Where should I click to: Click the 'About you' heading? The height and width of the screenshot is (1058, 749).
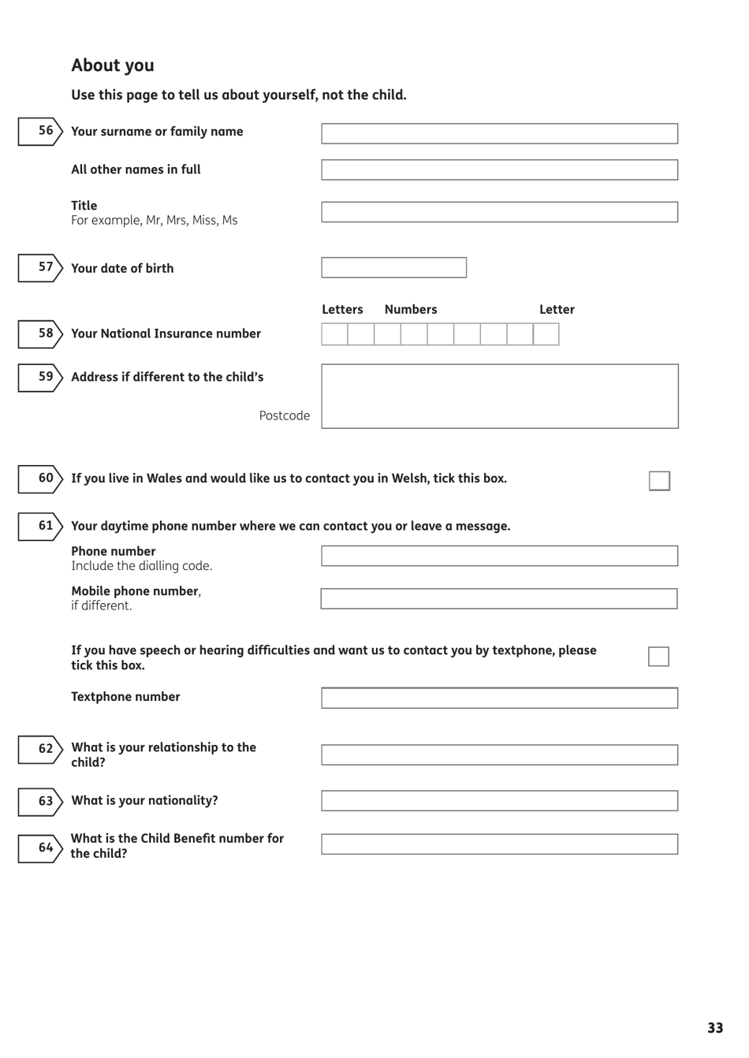[113, 65]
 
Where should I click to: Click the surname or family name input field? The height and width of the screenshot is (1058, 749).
[499, 133]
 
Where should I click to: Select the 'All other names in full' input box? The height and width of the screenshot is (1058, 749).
[499, 170]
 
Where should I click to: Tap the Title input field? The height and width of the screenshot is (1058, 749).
[499, 212]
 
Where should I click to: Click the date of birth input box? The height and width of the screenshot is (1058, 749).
[393, 267]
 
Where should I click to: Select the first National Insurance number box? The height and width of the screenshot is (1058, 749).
[334, 334]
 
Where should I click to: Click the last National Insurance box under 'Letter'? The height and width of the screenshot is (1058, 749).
[546, 334]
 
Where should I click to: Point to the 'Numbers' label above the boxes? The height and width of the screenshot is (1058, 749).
[410, 310]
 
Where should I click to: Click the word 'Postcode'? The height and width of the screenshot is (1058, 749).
[284, 415]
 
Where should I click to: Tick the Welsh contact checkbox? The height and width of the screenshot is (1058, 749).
[659, 481]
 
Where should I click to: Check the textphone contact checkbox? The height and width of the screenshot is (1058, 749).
[658, 657]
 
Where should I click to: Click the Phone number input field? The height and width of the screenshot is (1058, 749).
[499, 556]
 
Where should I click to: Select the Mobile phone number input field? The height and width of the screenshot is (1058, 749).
[498, 598]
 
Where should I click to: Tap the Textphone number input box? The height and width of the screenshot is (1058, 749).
[499, 698]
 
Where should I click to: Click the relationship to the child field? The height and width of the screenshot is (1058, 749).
[499, 754]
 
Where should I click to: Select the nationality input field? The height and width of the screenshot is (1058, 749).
[499, 801]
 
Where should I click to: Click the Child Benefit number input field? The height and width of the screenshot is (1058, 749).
[499, 844]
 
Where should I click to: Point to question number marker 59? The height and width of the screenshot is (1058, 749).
[41, 378]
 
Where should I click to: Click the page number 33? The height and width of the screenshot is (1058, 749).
[714, 1028]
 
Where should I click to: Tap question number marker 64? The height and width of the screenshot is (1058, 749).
[41, 848]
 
